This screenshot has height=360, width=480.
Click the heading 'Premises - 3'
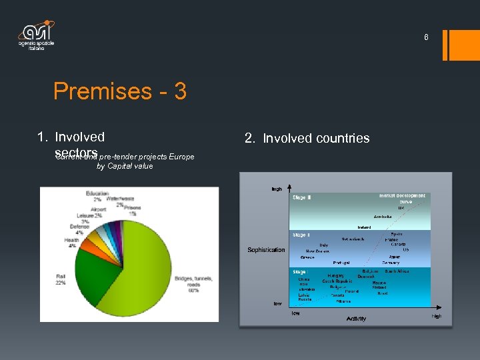click(x=120, y=91)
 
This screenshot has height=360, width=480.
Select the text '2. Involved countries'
click(x=307, y=139)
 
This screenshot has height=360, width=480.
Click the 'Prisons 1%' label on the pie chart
click(x=133, y=210)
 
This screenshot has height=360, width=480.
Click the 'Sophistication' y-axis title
click(x=266, y=250)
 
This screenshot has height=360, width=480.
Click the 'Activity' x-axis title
click(x=356, y=319)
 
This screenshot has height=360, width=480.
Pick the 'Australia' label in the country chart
click(x=383, y=217)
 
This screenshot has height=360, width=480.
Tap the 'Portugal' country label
click(x=341, y=263)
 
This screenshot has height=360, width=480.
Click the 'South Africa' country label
click(x=397, y=271)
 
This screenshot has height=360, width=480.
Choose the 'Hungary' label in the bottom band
click(x=337, y=275)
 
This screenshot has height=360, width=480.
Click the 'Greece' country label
click(x=307, y=257)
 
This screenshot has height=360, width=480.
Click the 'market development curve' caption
click(x=401, y=198)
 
